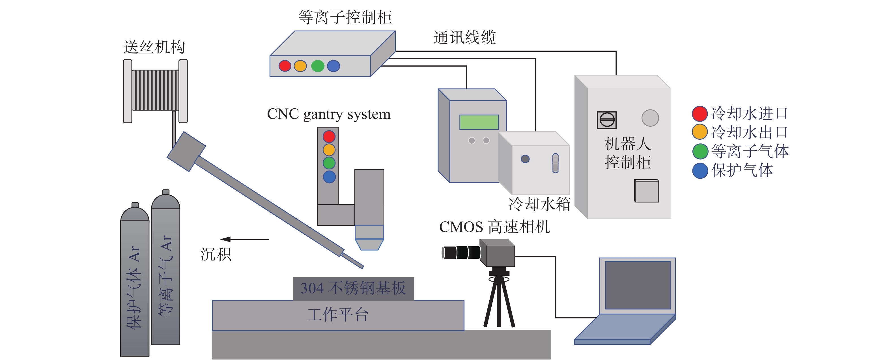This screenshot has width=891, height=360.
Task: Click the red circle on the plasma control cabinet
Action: (x=285, y=66)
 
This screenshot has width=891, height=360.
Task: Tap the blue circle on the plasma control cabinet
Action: (x=333, y=66)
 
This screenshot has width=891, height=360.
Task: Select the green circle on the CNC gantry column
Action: (x=329, y=163)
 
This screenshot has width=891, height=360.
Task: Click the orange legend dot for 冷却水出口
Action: (x=700, y=132)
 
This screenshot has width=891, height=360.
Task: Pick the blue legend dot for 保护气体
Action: (x=700, y=171)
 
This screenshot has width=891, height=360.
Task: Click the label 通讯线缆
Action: (x=464, y=37)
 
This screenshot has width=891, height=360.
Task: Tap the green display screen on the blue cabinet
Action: (x=479, y=122)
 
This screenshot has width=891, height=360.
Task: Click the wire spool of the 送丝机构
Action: (x=155, y=90)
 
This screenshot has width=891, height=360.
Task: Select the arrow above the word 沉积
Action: (x=244, y=239)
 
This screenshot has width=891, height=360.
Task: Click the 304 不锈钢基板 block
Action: (x=353, y=288)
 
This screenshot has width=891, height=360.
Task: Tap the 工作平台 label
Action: (x=337, y=315)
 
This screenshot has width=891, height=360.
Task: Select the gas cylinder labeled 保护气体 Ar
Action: (x=135, y=284)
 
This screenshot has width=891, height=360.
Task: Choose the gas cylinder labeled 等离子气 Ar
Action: (x=166, y=273)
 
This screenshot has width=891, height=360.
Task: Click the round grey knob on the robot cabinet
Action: (x=650, y=118)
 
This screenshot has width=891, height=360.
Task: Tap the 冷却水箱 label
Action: (x=540, y=204)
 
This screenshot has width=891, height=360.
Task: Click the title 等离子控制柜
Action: (x=345, y=17)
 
